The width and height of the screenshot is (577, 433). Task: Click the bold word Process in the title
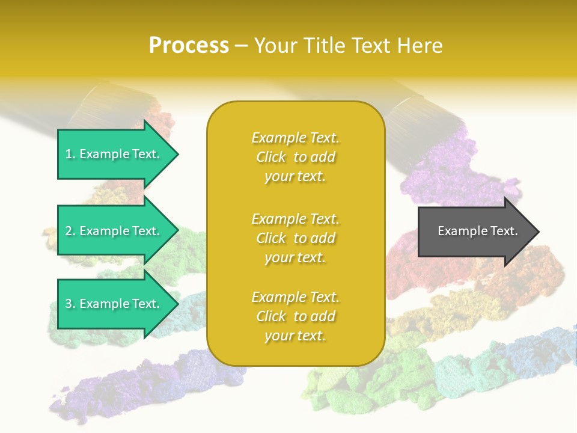(189, 46)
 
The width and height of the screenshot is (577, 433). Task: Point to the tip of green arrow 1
(177, 154)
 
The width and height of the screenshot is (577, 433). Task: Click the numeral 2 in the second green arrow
(69, 231)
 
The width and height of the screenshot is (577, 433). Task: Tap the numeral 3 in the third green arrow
(69, 304)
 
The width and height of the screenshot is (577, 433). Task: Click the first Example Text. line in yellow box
(295, 138)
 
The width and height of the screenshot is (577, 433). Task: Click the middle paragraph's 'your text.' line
(295, 257)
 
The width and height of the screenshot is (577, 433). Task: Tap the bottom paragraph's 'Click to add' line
(295, 316)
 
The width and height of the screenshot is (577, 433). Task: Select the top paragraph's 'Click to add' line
(295, 157)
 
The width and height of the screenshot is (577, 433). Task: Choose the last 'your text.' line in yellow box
(295, 336)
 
